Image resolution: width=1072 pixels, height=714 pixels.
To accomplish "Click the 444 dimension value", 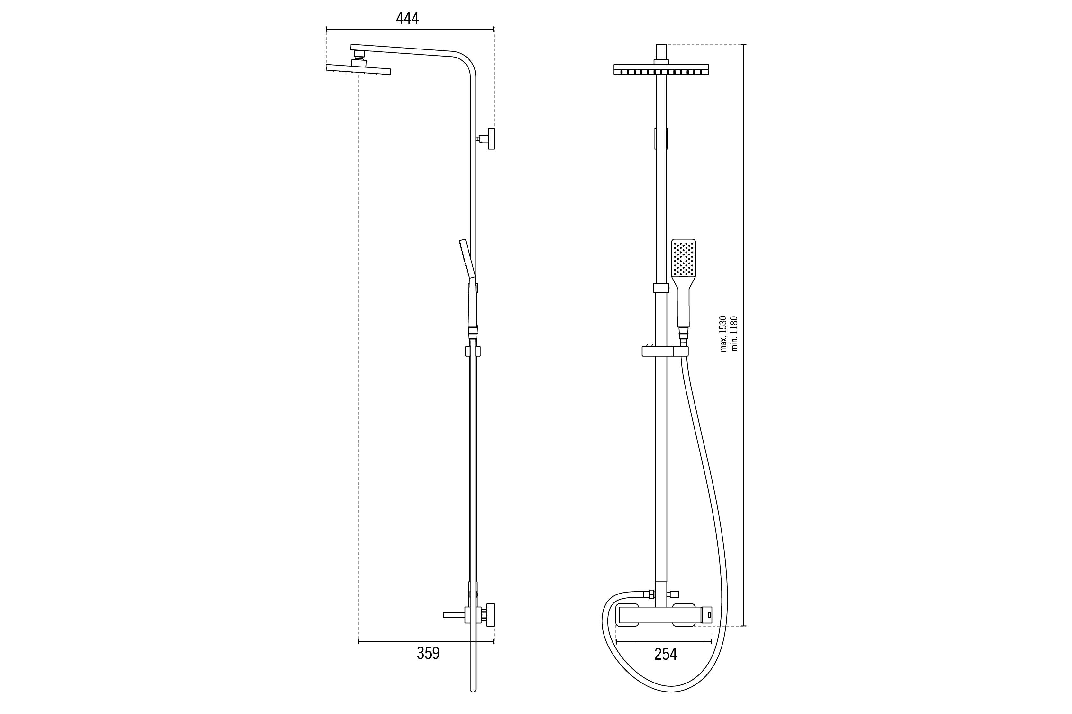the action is click(x=407, y=19).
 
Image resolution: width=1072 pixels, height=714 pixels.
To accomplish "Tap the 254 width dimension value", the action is click(x=666, y=654).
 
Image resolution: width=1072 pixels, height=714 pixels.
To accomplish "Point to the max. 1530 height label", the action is click(x=723, y=333).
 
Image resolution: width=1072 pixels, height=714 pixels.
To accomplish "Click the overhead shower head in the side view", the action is click(x=359, y=69).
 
